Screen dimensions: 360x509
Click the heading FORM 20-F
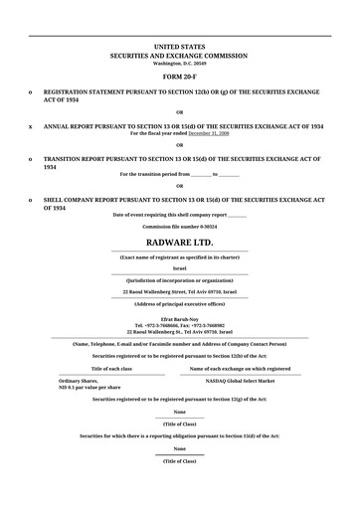click(x=179, y=76)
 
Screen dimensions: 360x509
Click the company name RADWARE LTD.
click(x=179, y=242)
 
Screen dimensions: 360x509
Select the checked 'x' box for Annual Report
click(x=31, y=127)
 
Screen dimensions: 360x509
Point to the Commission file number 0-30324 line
click(x=179, y=226)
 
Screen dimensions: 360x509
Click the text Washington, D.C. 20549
click(x=179, y=63)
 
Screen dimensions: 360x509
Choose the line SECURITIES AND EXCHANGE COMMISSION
click(x=179, y=56)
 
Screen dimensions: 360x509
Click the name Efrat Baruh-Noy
click(x=179, y=320)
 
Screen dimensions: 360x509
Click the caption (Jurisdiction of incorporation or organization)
click(x=179, y=280)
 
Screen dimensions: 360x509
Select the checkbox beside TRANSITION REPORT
click(x=31, y=158)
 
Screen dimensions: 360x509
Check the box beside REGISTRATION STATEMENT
click(x=31, y=89)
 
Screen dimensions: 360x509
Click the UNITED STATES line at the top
click(x=179, y=47)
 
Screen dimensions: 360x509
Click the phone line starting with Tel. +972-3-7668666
click(x=179, y=326)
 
